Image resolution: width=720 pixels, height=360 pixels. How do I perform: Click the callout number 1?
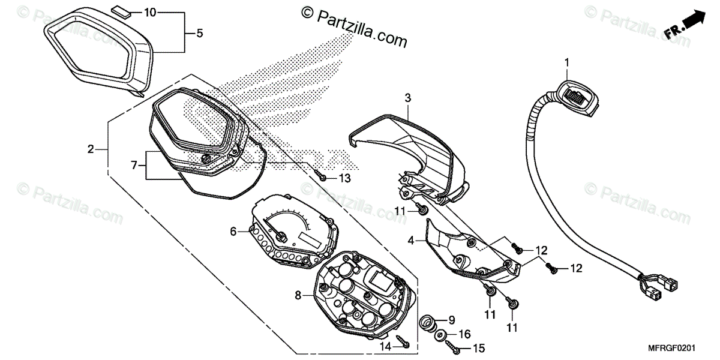click(566, 62)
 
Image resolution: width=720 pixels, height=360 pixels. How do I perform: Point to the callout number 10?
click(150, 12)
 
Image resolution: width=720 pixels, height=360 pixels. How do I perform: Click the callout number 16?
click(464, 334)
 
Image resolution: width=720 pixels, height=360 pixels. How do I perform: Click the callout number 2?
click(90, 149)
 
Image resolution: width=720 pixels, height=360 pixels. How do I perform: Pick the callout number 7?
click(134, 164)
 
